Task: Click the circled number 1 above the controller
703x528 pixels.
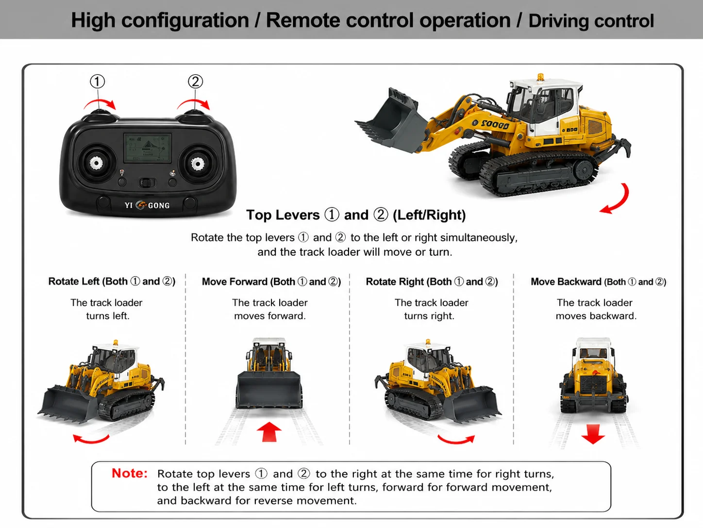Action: [98, 81]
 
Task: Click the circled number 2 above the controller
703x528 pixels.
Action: [195, 81]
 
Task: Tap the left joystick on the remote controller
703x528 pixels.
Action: [96, 163]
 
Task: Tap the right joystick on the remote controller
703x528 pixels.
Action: [198, 164]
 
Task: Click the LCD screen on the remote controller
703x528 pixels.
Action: [148, 148]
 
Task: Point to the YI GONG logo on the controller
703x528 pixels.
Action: [147, 205]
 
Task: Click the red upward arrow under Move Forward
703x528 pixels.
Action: [269, 432]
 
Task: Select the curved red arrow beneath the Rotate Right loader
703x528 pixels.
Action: [456, 439]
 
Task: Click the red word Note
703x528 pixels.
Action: [130, 473]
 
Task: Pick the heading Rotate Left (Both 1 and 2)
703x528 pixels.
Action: [112, 282]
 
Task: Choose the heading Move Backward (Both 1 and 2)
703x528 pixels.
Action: [598, 282]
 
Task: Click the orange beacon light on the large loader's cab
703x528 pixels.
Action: [540, 77]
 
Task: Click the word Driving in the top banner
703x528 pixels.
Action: [558, 21]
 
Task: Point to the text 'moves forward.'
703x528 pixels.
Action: [270, 316]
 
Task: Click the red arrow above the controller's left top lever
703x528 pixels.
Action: [100, 104]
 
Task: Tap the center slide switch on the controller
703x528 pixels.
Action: [147, 183]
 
